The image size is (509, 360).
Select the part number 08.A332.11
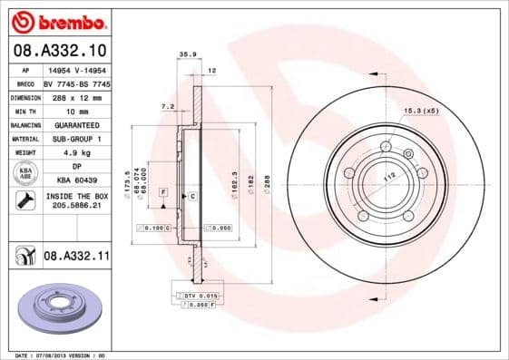(76, 258)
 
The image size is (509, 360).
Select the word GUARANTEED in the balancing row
(75, 124)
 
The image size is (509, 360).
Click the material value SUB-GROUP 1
(75, 139)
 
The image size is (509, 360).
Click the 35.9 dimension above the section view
(188, 55)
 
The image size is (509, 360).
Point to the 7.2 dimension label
(167, 107)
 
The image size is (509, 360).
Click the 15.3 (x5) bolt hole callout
(420, 111)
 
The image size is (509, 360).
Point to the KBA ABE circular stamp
(24, 174)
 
